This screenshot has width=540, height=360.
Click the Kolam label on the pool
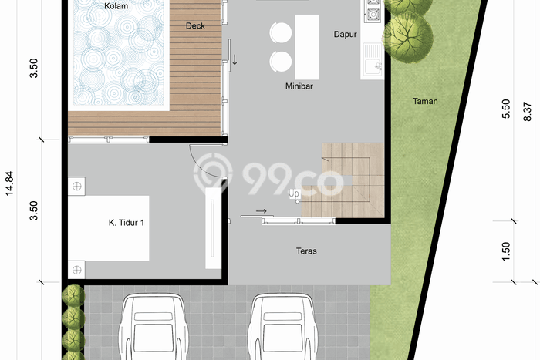coord(116,6)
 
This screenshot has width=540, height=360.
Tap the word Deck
coord(195,25)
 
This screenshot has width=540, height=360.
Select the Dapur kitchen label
coord(344,34)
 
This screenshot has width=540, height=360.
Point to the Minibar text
coord(299,86)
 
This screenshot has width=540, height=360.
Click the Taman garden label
coord(425,101)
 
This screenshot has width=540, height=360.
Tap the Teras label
coord(306,251)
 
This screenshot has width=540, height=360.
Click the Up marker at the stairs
coord(294,193)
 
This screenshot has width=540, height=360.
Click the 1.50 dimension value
coord(506,251)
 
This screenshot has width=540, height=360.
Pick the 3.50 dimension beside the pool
coord(33,68)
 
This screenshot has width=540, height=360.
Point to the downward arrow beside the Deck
coord(235,59)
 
